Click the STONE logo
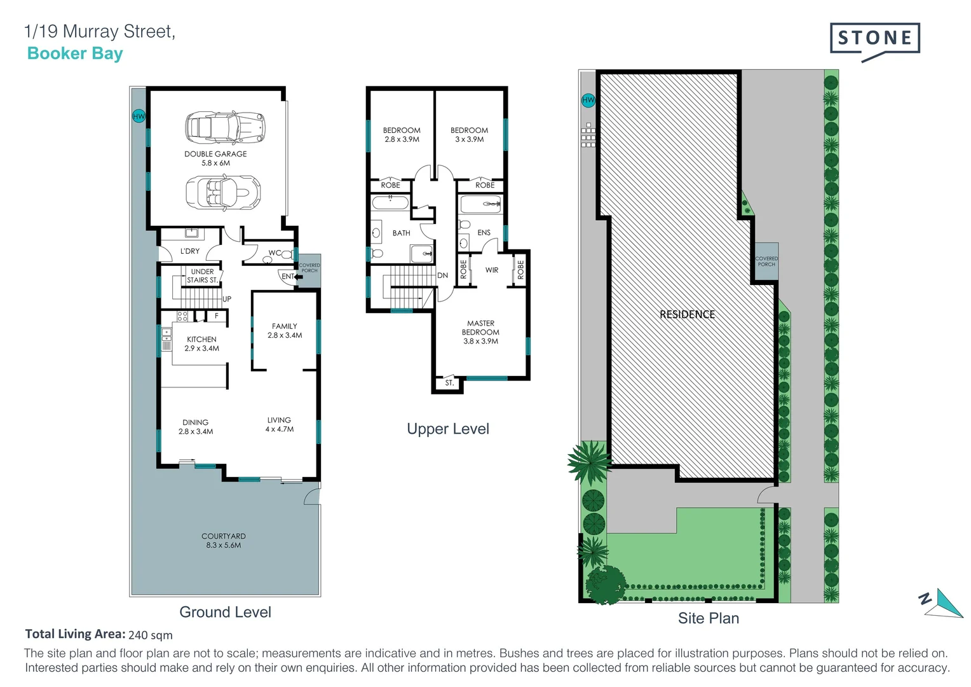click(874, 39)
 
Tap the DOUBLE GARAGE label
click(215, 158)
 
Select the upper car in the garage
click(224, 127)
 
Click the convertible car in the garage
click(222, 191)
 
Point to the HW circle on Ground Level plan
click(139, 116)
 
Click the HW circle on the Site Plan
click(588, 100)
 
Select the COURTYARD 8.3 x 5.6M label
click(224, 541)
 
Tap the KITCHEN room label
click(201, 343)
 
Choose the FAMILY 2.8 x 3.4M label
click(284, 331)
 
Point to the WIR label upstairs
click(492, 270)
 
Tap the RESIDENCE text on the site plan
click(687, 314)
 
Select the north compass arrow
click(942, 604)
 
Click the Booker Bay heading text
click(75, 53)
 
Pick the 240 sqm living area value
click(151, 635)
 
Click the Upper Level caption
click(447, 429)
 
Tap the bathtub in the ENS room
click(480, 205)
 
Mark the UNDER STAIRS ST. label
click(202, 276)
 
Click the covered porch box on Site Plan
click(766, 261)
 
